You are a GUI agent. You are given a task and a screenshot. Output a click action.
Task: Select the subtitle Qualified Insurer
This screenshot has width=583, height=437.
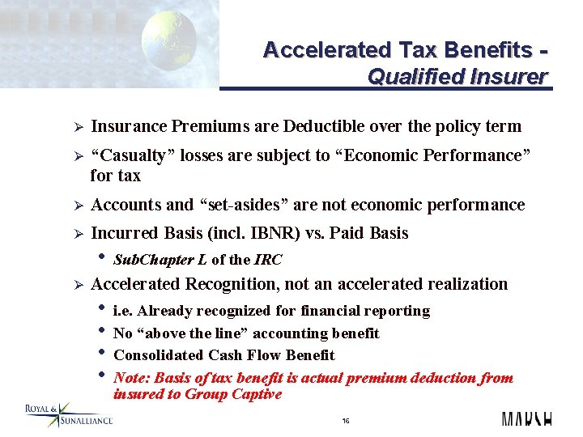457,78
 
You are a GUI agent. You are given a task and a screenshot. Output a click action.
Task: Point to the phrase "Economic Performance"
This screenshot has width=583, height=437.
437,155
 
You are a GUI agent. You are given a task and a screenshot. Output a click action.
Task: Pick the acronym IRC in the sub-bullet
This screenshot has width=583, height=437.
268,260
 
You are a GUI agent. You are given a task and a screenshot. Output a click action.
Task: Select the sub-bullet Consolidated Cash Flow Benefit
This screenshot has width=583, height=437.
223,355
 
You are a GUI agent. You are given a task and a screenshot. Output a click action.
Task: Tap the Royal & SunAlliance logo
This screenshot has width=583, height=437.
68,414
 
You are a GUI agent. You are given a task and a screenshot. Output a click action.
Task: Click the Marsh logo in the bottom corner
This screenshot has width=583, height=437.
526,418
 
